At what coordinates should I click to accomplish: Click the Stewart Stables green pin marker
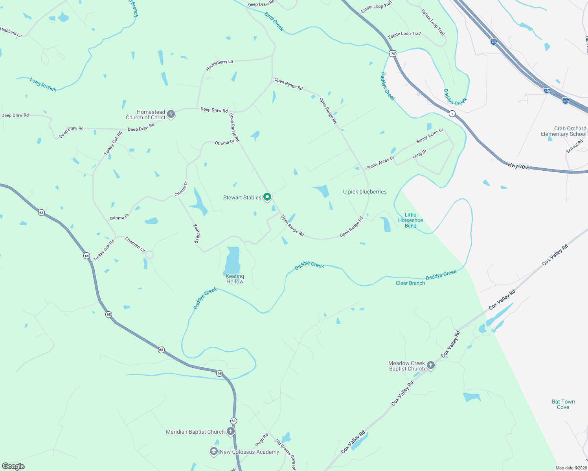click(267, 197)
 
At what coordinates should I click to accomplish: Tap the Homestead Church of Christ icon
click(171, 114)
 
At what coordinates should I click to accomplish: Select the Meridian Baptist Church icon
click(231, 431)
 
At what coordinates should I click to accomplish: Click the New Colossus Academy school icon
click(213, 451)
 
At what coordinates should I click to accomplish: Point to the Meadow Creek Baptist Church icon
click(431, 365)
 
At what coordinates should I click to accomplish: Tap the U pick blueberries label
click(365, 192)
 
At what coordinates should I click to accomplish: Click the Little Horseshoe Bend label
click(410, 220)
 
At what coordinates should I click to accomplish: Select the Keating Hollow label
click(235, 279)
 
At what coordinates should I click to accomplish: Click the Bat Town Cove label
click(563, 404)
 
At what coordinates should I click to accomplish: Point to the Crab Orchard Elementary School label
click(563, 131)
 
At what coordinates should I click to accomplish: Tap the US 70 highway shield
click(393, 53)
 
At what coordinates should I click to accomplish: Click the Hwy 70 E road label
click(518, 166)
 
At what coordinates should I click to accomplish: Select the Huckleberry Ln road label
click(219, 65)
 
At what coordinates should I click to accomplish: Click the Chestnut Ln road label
click(135, 245)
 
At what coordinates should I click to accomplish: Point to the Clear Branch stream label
click(410, 283)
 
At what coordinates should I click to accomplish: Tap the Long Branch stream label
click(43, 84)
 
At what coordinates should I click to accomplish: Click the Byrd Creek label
click(274, 21)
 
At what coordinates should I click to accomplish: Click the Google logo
click(13, 466)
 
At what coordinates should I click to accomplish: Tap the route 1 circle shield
click(452, 114)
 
